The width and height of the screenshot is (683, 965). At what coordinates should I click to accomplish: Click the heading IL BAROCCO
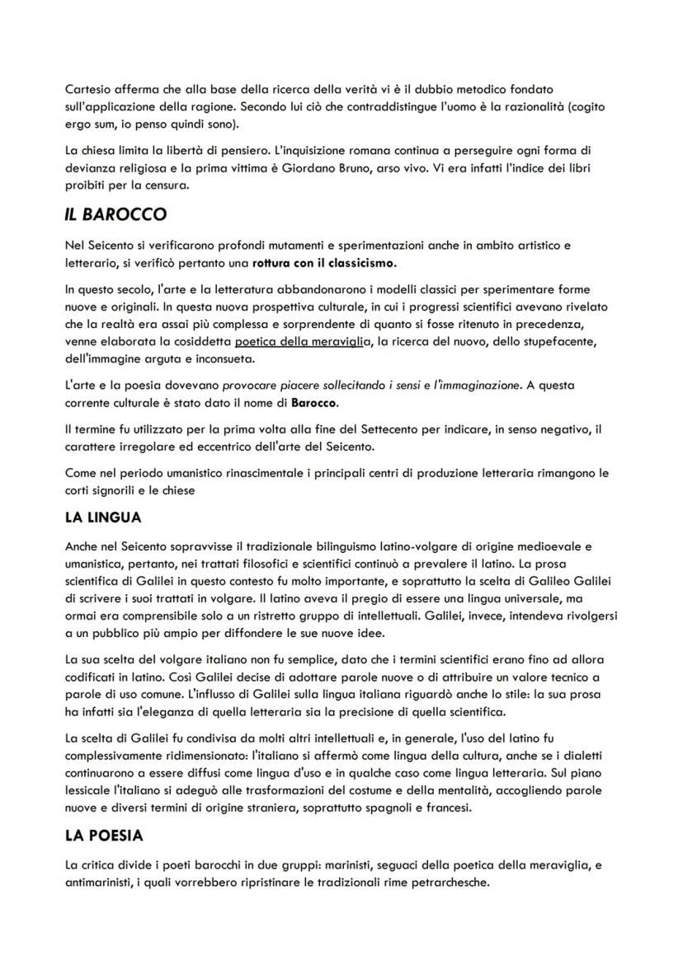coord(115,215)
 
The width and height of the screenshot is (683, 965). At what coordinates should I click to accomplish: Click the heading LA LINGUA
coord(103,518)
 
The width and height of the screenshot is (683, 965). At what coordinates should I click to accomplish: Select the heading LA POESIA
coord(103,836)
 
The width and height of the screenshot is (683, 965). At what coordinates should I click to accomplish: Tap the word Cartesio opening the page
coord(86,88)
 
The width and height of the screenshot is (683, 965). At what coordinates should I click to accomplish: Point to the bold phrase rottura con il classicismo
coord(324,264)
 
